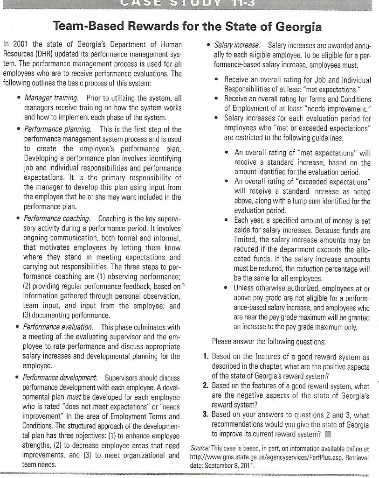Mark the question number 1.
(206, 356)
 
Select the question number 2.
(206, 385)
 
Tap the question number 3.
(206, 414)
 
